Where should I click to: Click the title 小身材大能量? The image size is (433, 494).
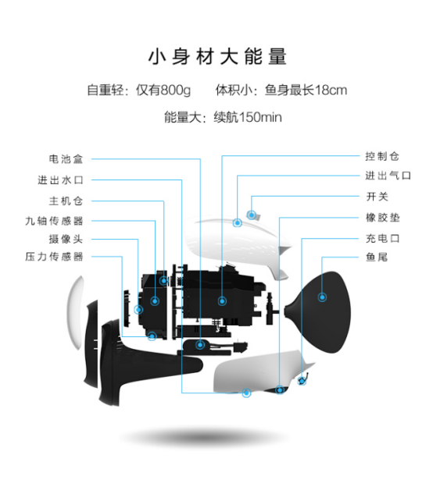click(x=217, y=57)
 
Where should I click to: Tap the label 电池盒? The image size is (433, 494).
click(x=66, y=158)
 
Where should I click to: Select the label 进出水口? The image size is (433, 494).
click(x=60, y=180)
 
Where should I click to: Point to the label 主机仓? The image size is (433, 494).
click(x=66, y=201)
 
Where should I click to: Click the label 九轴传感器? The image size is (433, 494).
click(x=54, y=221)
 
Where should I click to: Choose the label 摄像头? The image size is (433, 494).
click(x=66, y=239)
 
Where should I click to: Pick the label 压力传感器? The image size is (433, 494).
click(x=54, y=257)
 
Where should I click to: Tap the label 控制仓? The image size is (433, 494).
click(x=382, y=156)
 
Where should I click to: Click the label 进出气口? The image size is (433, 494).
click(x=388, y=176)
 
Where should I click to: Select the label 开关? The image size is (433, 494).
click(x=377, y=197)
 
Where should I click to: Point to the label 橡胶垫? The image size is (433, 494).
click(x=382, y=218)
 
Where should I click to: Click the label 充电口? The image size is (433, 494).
click(x=382, y=238)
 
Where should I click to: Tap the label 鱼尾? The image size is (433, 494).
click(x=377, y=257)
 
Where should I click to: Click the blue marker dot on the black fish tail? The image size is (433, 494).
click(x=322, y=297)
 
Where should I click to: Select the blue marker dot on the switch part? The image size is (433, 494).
click(x=251, y=215)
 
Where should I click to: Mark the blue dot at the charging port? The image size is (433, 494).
click(x=302, y=381)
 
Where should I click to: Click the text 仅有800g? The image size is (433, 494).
click(x=163, y=90)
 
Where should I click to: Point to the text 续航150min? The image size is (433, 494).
click(x=248, y=117)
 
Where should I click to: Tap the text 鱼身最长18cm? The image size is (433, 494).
click(x=306, y=90)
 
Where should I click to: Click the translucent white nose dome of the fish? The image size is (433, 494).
click(x=76, y=312)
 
